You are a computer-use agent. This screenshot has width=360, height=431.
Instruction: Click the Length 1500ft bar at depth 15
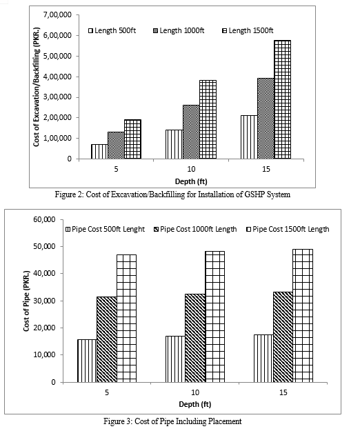[x=282, y=99]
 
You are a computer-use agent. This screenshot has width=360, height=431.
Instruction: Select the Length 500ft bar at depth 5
[x=99, y=152]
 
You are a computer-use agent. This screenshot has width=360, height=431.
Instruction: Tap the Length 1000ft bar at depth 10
[x=191, y=132]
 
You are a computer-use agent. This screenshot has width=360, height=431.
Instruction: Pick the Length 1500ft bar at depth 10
[x=208, y=119]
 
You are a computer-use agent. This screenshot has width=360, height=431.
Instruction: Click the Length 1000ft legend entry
[x=179, y=30]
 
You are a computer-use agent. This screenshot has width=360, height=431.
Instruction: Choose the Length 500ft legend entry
[x=112, y=30]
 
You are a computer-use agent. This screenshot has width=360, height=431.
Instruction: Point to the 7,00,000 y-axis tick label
[x=57, y=14]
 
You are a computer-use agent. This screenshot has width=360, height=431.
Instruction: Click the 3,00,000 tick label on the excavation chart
[x=57, y=97]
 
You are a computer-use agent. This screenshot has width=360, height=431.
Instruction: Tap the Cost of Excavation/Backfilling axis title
[x=37, y=87]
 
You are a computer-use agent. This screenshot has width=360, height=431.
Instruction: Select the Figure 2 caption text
[x=172, y=194]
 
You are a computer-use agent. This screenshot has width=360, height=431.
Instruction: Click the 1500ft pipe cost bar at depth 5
[x=126, y=319]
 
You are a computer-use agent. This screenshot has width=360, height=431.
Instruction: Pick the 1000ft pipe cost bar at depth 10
[x=195, y=338]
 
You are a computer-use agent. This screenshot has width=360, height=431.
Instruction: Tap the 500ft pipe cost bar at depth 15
[x=263, y=359]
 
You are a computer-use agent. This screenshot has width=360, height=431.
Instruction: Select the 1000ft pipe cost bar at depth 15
[x=283, y=337]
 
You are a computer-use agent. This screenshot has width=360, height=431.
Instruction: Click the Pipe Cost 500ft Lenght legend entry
[x=106, y=229]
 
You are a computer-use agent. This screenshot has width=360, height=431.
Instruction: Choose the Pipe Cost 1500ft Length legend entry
[x=288, y=229]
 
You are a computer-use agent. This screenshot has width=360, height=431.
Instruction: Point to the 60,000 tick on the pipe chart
[x=45, y=219]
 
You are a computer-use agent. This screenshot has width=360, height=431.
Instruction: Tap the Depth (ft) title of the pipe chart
[x=195, y=404]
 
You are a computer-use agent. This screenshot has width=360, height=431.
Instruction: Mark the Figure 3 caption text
[x=172, y=421]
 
